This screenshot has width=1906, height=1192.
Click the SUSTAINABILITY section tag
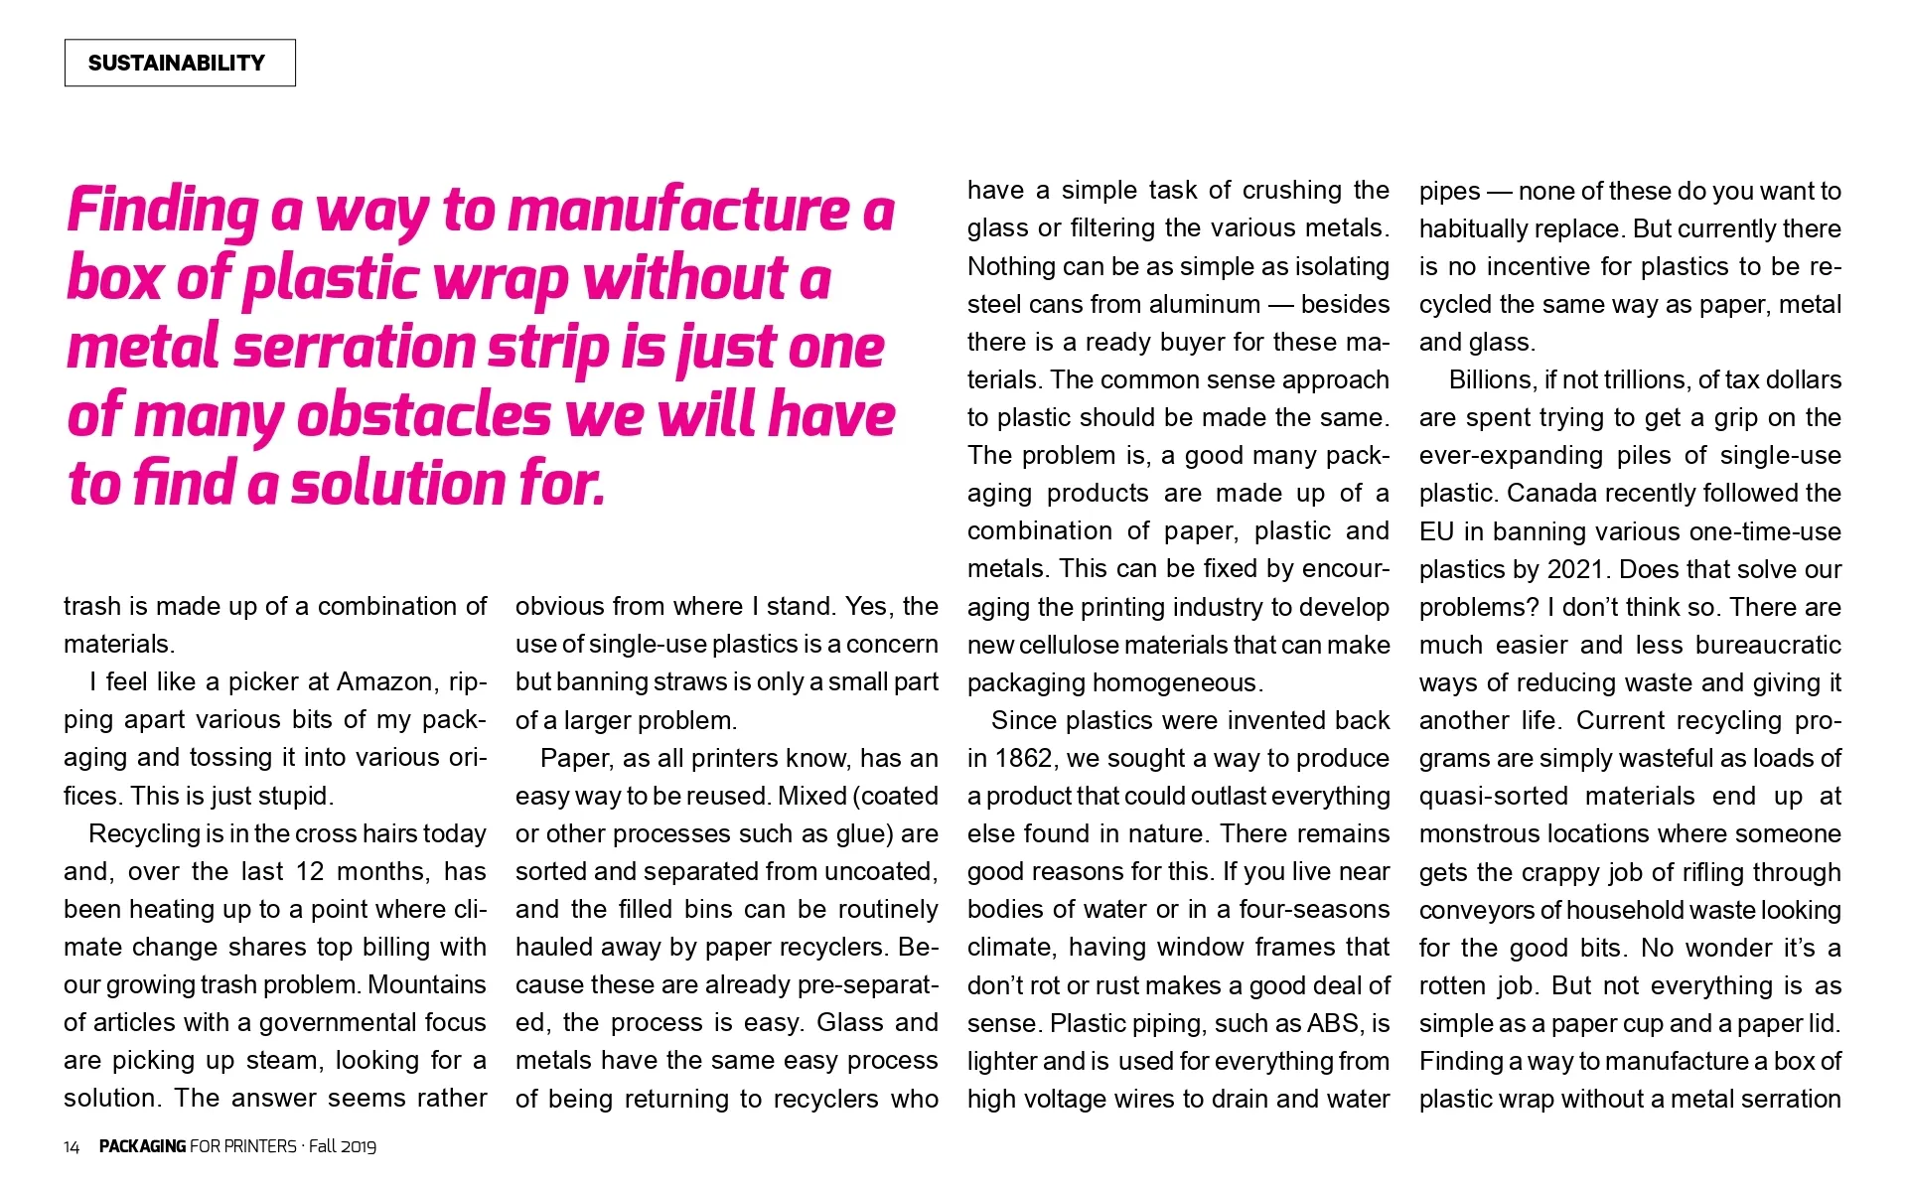point(179,63)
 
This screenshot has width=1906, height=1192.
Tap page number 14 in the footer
point(72,1147)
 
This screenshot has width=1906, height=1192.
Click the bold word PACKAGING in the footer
point(142,1146)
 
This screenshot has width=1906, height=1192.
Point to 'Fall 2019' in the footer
point(343,1146)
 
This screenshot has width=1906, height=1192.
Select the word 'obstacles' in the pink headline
point(423,415)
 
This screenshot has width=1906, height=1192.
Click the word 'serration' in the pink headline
point(354,348)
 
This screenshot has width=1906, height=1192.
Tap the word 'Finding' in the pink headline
point(163,211)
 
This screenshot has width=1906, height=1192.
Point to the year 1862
point(1023,759)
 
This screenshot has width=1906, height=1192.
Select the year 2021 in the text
point(1572,570)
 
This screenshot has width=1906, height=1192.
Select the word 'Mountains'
point(426,985)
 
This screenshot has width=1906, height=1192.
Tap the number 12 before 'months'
point(310,872)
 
